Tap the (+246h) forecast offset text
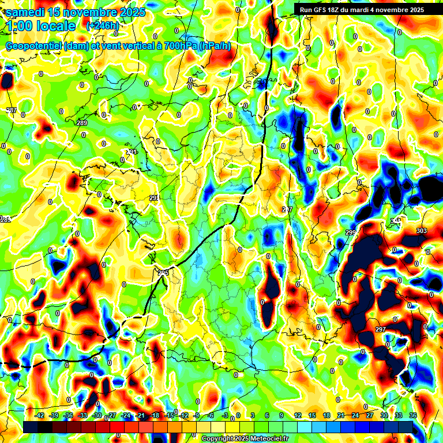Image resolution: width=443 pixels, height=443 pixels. point(102,25)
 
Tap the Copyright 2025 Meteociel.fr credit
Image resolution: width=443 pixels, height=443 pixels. point(245,438)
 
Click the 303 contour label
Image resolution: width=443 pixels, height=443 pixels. point(422,231)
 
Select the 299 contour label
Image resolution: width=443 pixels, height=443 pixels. point(350,232)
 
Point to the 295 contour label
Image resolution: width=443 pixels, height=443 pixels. point(163,273)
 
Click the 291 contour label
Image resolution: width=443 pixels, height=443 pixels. point(132,152)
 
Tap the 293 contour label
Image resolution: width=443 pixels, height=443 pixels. point(154,198)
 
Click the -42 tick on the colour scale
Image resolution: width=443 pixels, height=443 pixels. point(40,415)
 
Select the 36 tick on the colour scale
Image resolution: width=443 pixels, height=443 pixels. point(413,415)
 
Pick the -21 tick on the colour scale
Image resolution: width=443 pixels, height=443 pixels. point(140,415)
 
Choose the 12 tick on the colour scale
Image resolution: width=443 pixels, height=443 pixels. point(298,415)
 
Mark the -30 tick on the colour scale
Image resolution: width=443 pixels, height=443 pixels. point(97,415)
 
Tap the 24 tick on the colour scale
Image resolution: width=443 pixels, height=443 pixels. point(355,415)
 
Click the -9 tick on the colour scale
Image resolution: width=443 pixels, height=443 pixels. point(197,415)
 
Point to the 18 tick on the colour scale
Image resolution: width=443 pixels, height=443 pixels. point(326,415)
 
